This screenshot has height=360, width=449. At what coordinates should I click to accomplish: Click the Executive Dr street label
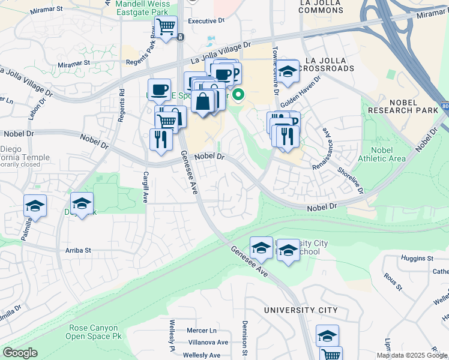click(205, 20)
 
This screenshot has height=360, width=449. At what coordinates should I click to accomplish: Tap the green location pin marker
click(238, 95)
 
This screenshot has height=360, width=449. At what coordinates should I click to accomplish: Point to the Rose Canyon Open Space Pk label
click(95, 332)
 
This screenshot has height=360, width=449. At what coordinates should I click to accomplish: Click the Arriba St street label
click(79, 250)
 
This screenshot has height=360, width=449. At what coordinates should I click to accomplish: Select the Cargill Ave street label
click(145, 186)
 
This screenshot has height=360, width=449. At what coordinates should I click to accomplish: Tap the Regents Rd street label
click(122, 106)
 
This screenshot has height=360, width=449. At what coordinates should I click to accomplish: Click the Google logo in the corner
click(20, 353)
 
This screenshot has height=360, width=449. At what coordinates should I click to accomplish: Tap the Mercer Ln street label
click(202, 331)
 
